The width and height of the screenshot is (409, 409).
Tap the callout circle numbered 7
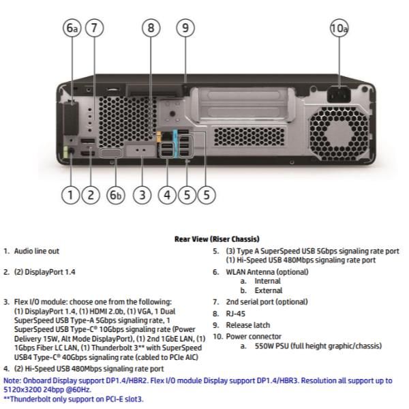95,28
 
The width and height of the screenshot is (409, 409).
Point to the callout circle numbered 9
185,28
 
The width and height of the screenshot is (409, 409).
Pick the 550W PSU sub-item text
320,346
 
